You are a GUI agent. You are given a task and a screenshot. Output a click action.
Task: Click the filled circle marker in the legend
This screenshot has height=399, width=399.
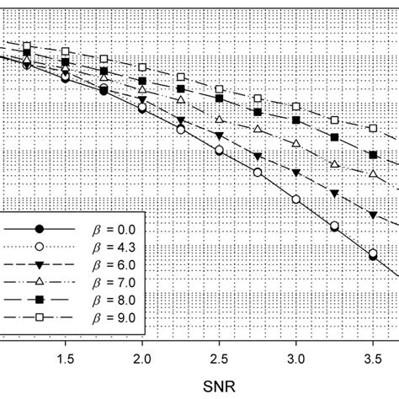coord(39,228)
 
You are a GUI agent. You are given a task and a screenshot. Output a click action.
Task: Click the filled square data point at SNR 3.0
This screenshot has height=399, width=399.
coord(296,123)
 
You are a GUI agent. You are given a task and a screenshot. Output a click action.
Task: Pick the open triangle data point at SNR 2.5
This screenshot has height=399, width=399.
coord(220,120)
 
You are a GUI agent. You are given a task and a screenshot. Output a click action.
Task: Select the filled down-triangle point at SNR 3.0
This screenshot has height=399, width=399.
coord(296,173)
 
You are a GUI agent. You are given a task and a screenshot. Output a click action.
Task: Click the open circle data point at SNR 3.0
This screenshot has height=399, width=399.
coord(296,199)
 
